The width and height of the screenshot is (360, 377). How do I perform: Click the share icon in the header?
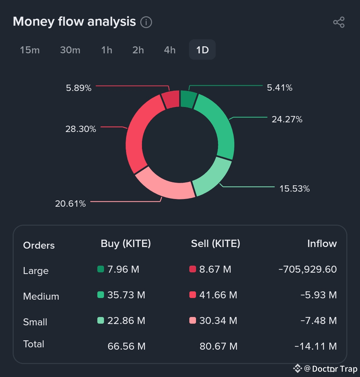coord(339,22)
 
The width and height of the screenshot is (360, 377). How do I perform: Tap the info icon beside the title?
coord(146,22)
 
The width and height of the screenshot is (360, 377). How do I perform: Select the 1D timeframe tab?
coord(202,50)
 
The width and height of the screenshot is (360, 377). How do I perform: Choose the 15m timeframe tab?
coord(30,50)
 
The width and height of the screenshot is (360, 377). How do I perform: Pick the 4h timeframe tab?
coord(170,50)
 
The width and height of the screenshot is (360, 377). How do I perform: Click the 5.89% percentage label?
coord(79,88)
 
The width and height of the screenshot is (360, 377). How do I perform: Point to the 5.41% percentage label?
coord(280,88)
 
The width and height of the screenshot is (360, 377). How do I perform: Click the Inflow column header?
coord(322,244)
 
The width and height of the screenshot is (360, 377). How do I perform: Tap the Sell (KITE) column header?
coord(215,244)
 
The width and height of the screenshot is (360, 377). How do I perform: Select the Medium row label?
coord(41,296)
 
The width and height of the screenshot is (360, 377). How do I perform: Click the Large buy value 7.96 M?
coord(123,269)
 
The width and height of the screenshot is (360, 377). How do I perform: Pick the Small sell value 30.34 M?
coord(218,321)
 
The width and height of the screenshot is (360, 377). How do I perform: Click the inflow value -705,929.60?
coord(307,269)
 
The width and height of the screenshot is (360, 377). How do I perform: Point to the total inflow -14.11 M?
coord(315,346)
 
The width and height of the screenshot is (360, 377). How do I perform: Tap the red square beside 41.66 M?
coord(192,295)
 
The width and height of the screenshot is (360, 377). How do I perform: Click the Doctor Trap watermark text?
coord(335,369)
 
